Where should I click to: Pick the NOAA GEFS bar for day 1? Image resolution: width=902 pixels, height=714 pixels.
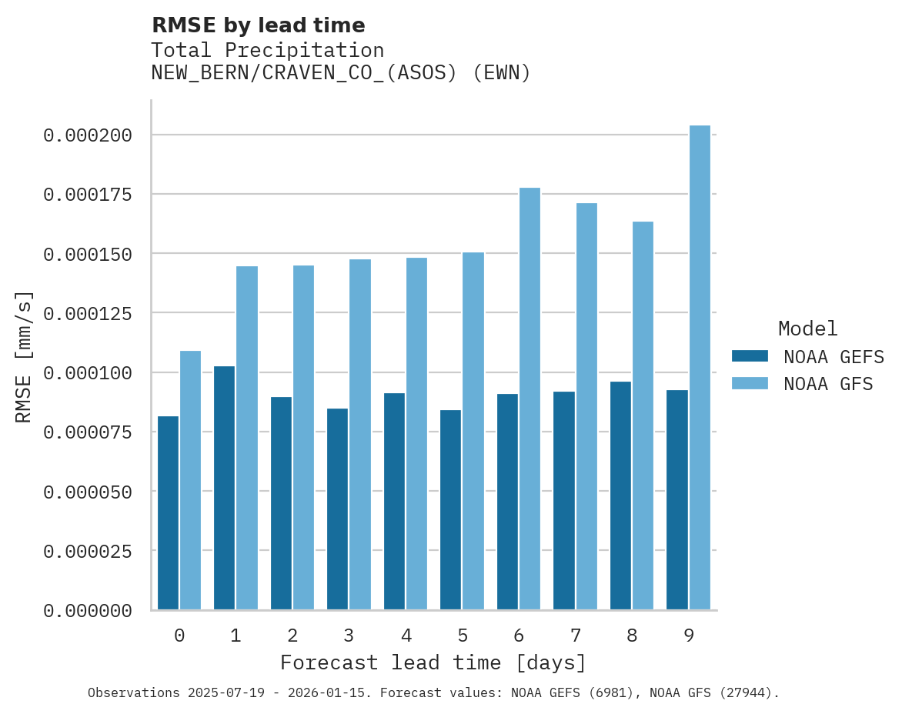coord(224,488)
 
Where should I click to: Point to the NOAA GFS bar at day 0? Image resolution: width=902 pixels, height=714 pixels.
coord(190,480)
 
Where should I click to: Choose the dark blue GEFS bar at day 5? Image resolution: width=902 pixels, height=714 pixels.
coord(450,509)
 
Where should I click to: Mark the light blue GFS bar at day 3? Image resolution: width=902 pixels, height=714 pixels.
coord(360,434)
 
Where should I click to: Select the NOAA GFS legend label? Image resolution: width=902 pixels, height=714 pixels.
coord(828,383)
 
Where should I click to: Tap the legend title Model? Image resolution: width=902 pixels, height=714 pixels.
coord(807,329)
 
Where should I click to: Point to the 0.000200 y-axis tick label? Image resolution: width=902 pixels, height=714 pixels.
coord(88,135)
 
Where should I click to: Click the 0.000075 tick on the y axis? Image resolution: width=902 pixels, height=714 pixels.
coord(88,432)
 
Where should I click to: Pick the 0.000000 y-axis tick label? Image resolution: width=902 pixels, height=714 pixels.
coord(88,611)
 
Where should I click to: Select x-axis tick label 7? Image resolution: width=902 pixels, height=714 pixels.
coord(575,636)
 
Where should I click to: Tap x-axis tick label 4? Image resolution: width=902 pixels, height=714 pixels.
coord(406,636)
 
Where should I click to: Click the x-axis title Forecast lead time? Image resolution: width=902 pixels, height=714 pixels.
coord(433,662)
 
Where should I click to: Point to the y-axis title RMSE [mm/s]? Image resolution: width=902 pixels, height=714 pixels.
coord(24,356)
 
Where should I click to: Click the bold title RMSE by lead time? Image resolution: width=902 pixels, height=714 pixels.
coord(258,25)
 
